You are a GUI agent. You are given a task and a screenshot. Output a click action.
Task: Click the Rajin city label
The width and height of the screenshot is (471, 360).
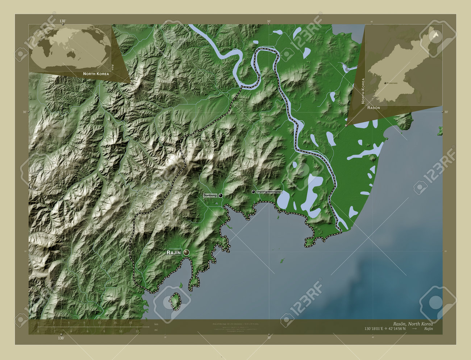174,252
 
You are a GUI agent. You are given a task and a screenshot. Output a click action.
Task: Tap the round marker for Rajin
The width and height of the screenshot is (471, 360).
187,252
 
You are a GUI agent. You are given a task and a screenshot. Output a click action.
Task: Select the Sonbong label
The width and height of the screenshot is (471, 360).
210,195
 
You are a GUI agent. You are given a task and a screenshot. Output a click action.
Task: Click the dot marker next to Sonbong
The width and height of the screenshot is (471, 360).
220,195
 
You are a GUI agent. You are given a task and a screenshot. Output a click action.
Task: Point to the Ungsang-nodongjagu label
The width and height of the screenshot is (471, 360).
268,192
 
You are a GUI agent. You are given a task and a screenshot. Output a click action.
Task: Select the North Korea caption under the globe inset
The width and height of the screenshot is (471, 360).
96,74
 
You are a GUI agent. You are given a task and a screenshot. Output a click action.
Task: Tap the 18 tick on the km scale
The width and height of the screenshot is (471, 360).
130,323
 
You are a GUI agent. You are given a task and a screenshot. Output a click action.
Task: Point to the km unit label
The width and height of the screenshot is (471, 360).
157,324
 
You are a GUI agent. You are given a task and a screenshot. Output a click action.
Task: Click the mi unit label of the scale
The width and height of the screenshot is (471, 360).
156,330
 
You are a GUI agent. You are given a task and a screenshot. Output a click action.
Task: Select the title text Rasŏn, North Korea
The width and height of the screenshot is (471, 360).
413,323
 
